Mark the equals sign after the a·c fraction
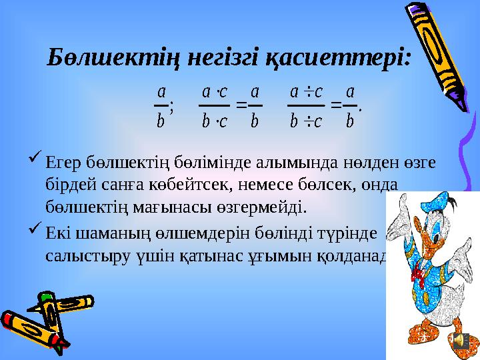[241, 105]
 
